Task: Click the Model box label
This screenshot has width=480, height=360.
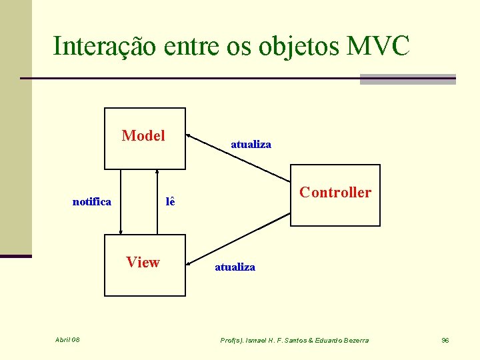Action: click(x=143, y=136)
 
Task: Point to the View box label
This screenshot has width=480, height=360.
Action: click(x=143, y=262)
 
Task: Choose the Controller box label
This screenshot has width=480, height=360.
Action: click(x=335, y=193)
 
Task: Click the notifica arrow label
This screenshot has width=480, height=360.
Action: click(x=92, y=201)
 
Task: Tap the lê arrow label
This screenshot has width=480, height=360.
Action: click(x=170, y=201)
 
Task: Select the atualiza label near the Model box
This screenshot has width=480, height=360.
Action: click(x=251, y=144)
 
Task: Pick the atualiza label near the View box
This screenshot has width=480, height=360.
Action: click(x=235, y=267)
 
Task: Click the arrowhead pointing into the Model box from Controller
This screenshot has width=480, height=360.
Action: click(x=189, y=135)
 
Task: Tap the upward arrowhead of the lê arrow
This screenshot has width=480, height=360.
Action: click(x=157, y=173)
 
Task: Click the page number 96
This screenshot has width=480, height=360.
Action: click(x=445, y=340)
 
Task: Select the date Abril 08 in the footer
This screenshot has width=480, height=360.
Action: click(x=67, y=340)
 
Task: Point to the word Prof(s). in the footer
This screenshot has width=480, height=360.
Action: click(x=232, y=340)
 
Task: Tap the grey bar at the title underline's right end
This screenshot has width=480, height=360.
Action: click(x=407, y=79)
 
